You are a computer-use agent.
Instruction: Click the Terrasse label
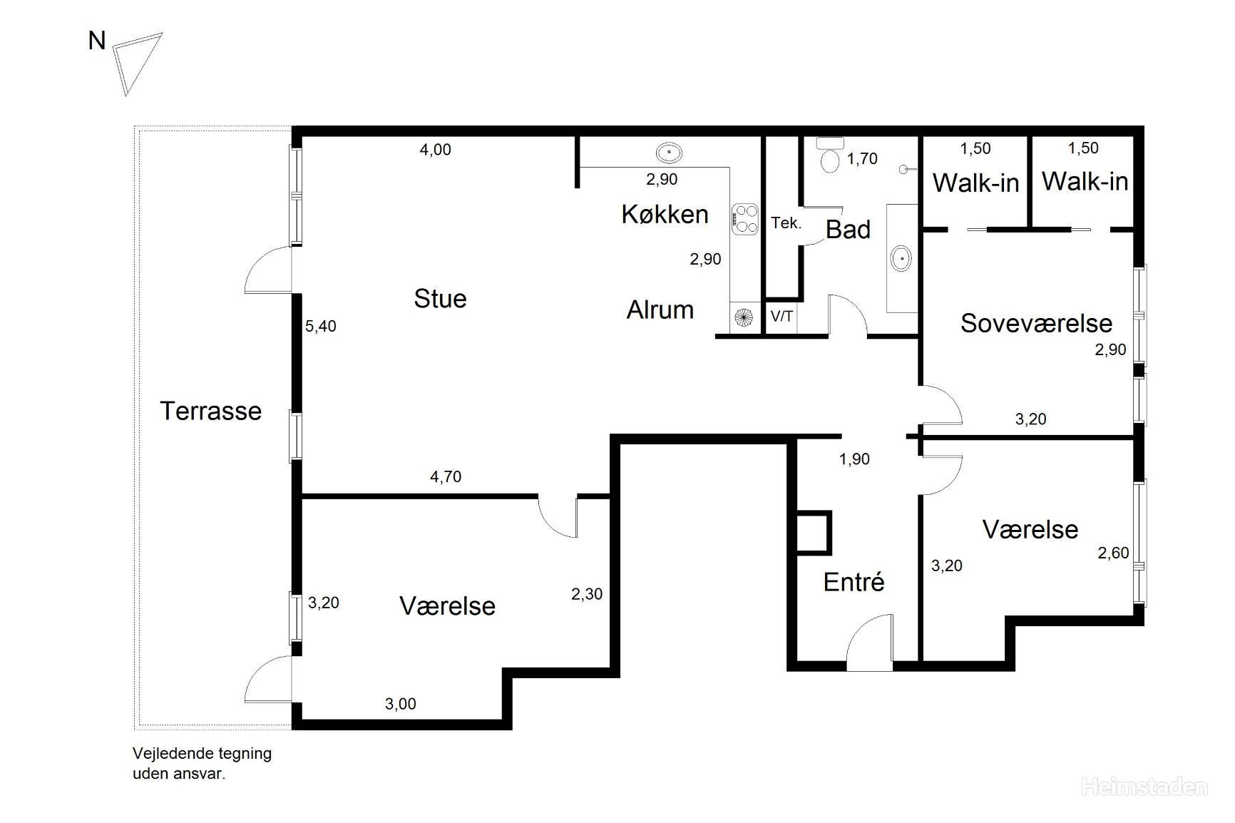pos(211,411)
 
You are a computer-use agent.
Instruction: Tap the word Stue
pos(440,298)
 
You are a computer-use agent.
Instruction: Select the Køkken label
pos(665,214)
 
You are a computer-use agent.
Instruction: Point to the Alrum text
pos(660,310)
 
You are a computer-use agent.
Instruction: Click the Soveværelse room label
pos(1036,323)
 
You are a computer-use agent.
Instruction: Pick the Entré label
pos(854,582)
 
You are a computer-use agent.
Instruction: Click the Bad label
pos(849,230)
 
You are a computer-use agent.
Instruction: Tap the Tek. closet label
pos(786,223)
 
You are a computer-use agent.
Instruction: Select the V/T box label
pos(782,316)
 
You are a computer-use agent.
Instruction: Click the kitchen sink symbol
pos(669,152)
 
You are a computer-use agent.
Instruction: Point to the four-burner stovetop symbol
pos(744,218)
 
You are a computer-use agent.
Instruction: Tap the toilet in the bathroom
pos(830,155)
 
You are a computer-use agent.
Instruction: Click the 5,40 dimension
pos(321,327)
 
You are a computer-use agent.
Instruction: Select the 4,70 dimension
pos(446,477)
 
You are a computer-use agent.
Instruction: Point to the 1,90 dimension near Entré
pos(854,459)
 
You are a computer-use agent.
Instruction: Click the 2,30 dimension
pos(587,594)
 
